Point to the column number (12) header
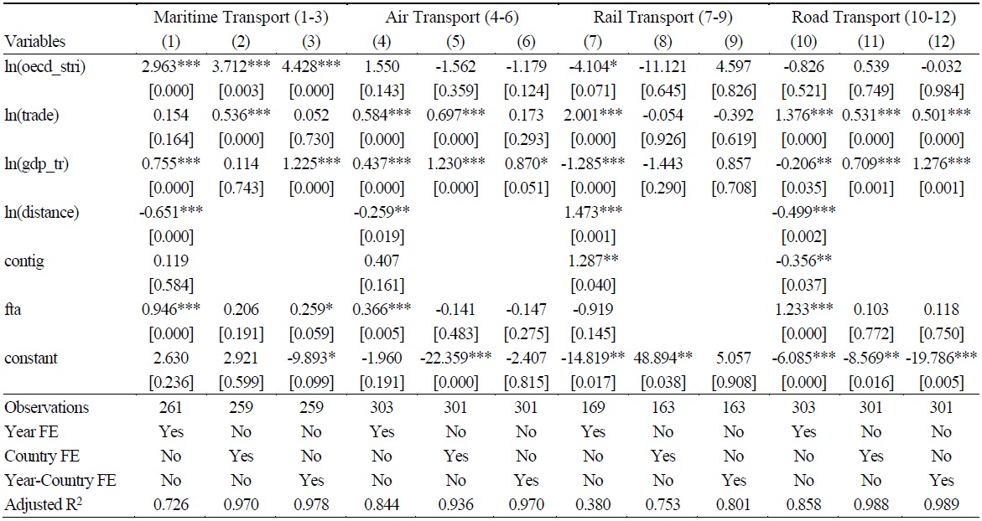(x=942, y=41)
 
